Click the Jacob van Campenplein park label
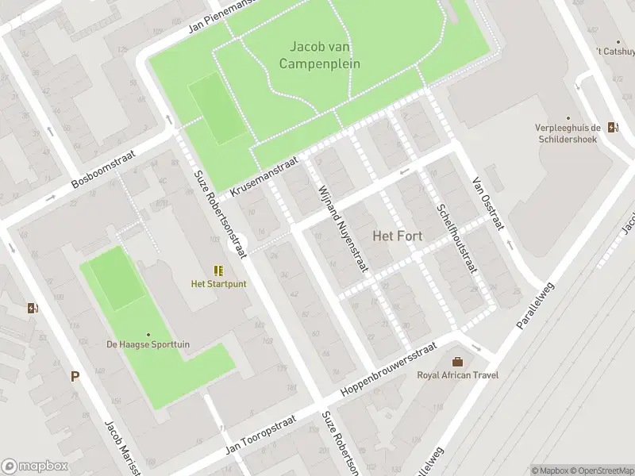click(320, 55)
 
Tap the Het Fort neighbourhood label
click(398, 236)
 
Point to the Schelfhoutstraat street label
click(456, 238)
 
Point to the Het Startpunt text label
click(218, 284)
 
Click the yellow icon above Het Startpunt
click(218, 271)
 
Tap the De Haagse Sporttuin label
click(148, 344)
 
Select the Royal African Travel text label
click(456, 375)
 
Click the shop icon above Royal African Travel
click(456, 361)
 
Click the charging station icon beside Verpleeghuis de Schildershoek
click(613, 127)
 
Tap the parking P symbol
click(75, 377)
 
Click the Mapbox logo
click(33, 466)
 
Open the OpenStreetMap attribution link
click(600, 470)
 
